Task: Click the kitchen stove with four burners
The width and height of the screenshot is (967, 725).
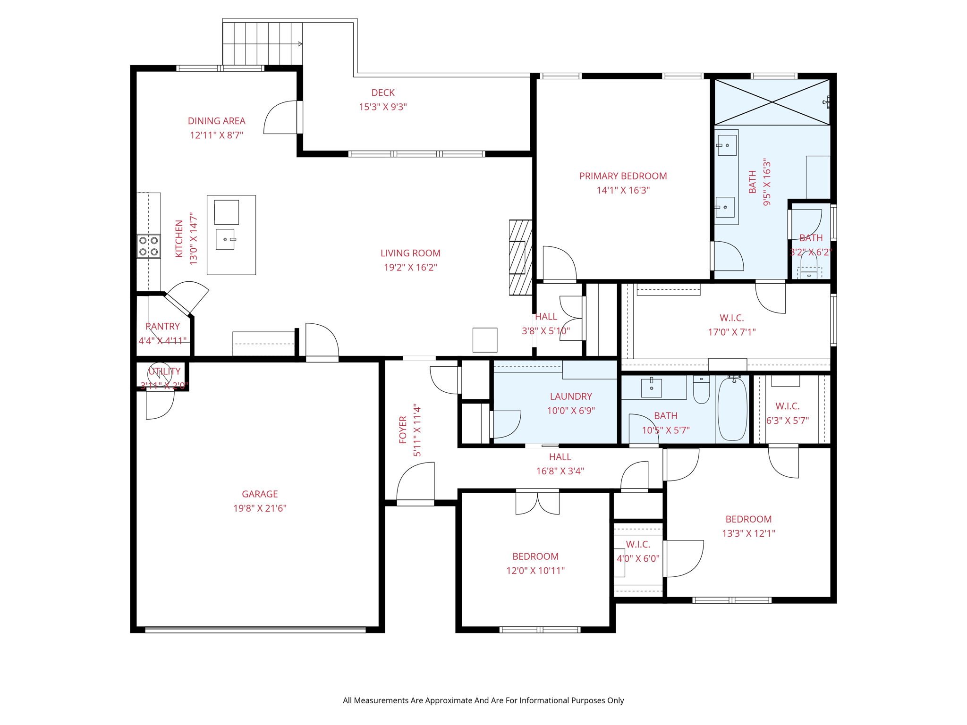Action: (149, 246)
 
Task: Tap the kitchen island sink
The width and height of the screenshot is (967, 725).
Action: (225, 239)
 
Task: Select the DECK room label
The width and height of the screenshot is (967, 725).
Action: (383, 93)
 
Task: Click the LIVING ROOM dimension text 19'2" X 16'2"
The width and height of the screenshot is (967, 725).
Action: (410, 268)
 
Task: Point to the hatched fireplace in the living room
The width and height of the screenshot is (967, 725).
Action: (521, 258)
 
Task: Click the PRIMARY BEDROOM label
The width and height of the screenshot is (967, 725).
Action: (623, 176)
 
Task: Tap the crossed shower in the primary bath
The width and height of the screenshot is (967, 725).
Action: (772, 102)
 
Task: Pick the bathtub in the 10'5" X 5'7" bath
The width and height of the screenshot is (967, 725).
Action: (733, 409)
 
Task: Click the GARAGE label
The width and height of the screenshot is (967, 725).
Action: (260, 494)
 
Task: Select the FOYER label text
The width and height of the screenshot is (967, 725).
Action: (403, 430)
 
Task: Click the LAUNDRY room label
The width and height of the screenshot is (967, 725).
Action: (571, 396)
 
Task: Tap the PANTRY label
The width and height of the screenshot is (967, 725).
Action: (162, 327)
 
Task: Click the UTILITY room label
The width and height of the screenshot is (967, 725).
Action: (164, 371)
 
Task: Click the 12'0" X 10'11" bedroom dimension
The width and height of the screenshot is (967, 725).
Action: (535, 571)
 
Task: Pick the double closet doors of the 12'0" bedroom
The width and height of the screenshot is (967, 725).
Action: (538, 503)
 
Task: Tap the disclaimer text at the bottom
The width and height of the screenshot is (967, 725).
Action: (483, 700)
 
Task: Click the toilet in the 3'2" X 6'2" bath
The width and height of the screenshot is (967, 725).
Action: (809, 266)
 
